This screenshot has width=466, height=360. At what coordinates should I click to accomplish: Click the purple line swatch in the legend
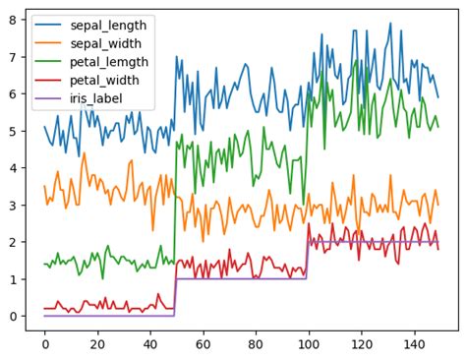coord(47,98)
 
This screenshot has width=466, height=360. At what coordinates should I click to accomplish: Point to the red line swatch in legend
coord(47,80)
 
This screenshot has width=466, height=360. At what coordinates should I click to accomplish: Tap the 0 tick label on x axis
coord(44,346)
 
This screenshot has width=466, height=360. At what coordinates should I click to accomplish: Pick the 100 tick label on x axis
coord(309,346)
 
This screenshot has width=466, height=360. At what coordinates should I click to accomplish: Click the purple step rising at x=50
coord(176,297)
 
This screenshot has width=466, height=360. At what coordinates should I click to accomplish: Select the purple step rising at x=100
coord(308,261)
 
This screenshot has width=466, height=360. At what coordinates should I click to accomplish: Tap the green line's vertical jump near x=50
coord(175,207)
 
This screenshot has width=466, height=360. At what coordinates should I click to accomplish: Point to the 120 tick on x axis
coord(362,346)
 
